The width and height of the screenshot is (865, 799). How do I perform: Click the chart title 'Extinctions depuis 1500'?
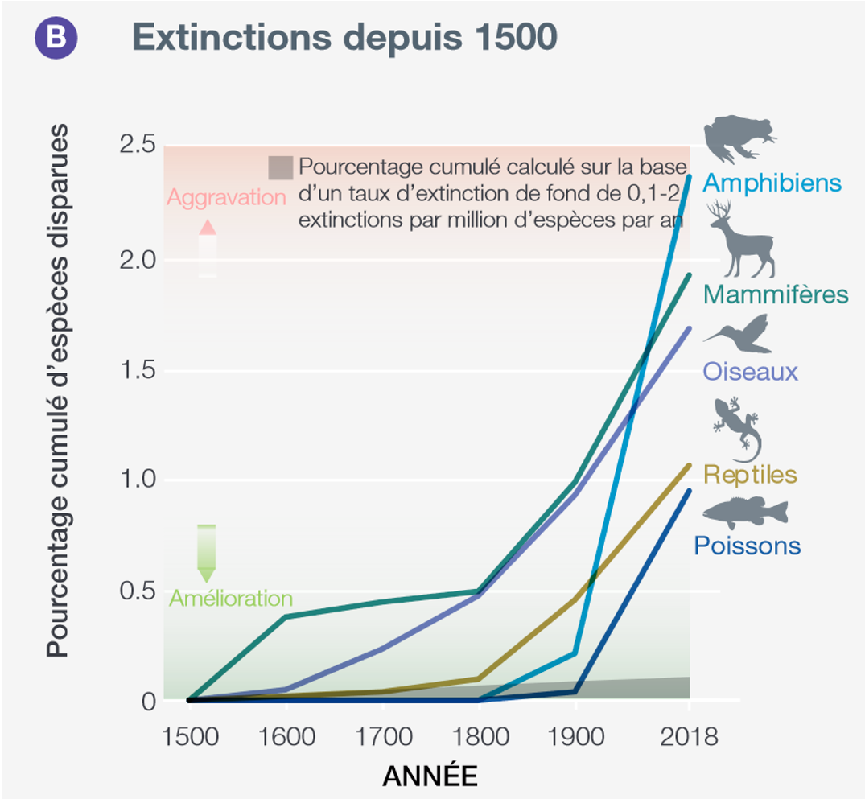[344, 37]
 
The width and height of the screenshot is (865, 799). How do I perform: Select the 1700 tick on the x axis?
[383, 736]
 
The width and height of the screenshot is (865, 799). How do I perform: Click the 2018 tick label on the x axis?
[689, 736]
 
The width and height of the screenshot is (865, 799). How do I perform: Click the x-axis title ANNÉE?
[429, 776]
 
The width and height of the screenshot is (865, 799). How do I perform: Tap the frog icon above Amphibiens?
[738, 138]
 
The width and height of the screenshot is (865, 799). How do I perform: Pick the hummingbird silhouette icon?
[738, 334]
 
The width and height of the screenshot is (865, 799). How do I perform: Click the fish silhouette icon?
[745, 513]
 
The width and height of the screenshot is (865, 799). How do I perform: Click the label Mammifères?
[776, 294]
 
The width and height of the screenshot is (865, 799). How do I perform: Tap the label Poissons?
[747, 546]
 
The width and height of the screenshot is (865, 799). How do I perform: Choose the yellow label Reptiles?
[750, 474]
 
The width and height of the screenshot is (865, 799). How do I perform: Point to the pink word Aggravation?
[226, 198]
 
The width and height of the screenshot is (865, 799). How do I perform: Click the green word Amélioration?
[230, 599]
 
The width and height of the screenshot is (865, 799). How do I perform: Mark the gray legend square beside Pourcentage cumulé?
[281, 168]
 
